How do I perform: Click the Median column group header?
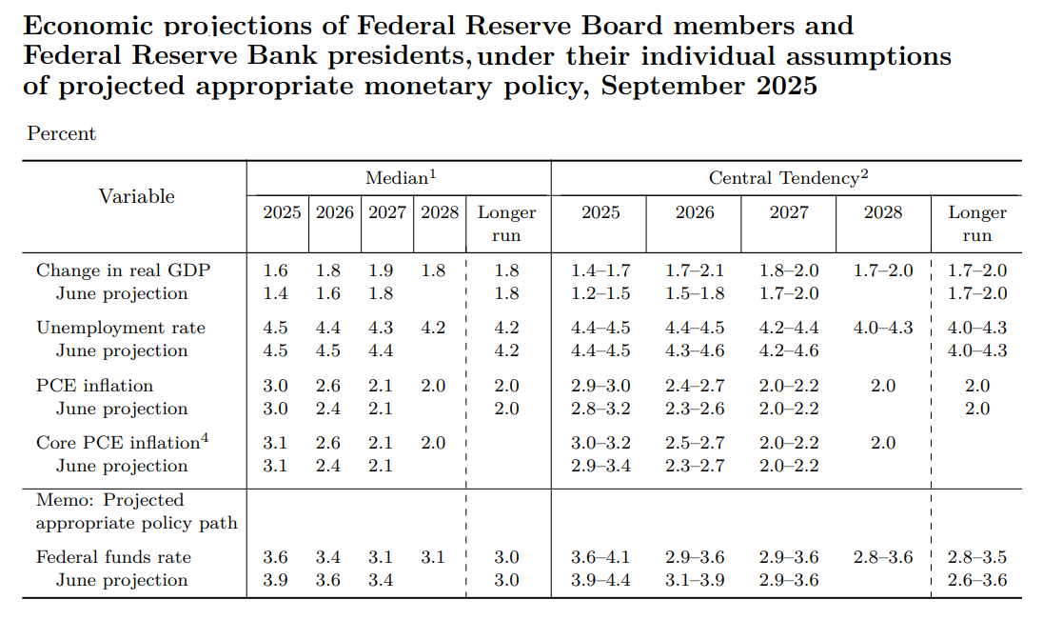pos(400,177)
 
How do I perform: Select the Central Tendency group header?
pos(788,177)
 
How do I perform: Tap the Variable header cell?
pos(136,196)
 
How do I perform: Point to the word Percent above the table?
pos(61,133)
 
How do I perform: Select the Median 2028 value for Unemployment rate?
pos(433,328)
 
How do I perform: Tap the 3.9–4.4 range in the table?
pos(600,580)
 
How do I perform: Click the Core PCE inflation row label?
pos(116,443)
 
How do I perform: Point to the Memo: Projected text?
pos(109,500)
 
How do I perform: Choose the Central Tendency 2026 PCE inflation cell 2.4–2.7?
pos(695,386)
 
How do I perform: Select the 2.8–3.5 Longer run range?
pos(976,557)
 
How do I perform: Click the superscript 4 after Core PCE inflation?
pos(203,438)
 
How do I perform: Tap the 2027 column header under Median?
pos(386,212)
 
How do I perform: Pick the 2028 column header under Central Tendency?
pos(882,212)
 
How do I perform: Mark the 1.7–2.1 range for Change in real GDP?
pos(695,270)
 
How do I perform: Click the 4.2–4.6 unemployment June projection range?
pos(788,350)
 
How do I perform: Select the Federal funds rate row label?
pos(113,557)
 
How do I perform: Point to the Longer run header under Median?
pos(506,223)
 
